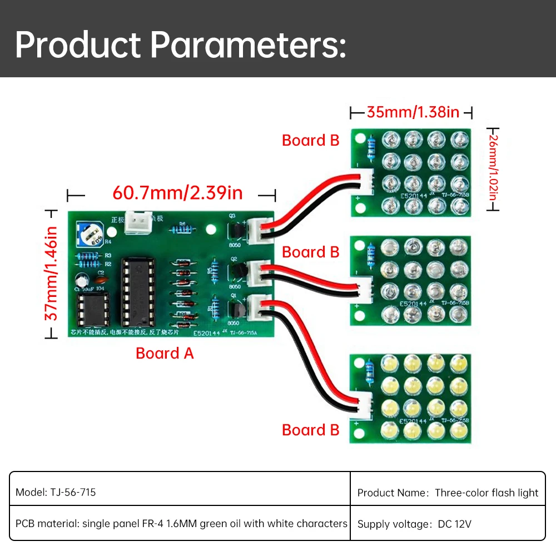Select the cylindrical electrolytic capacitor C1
click(x=81, y=280)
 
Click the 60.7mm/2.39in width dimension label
click(x=177, y=193)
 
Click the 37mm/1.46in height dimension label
click(x=51, y=272)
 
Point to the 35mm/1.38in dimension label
click(x=413, y=112)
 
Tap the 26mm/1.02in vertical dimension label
click(x=492, y=168)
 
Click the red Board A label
click(x=165, y=353)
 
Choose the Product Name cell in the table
click(x=448, y=492)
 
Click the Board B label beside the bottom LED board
click(x=310, y=430)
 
